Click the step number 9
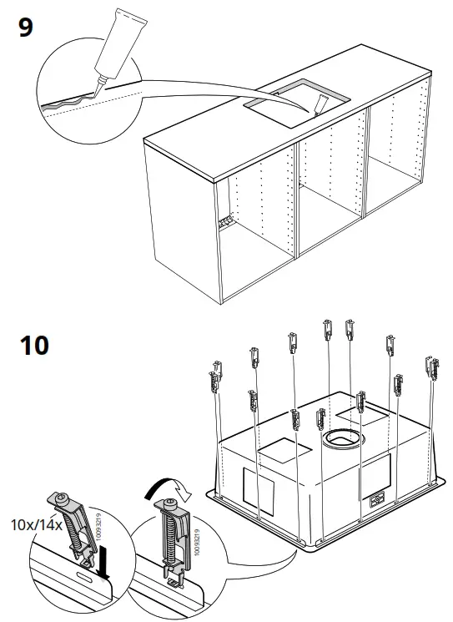pyautogui.click(x=26, y=28)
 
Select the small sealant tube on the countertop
pyautogui.click(x=322, y=104)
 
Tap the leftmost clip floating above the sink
pyautogui.click(x=214, y=376)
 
